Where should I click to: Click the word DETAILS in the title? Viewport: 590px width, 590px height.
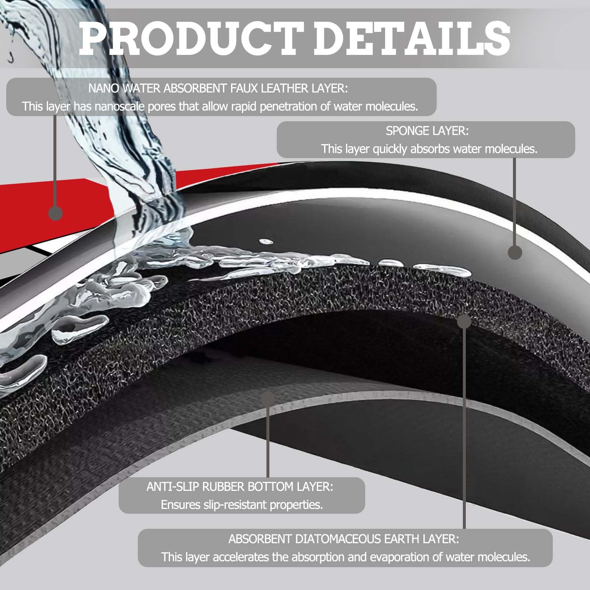point(412,38)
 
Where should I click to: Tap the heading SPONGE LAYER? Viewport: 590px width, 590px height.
point(427,131)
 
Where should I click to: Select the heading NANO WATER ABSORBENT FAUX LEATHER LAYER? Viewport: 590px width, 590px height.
point(218,88)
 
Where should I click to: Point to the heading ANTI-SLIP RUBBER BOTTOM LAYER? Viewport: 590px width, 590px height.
point(240,486)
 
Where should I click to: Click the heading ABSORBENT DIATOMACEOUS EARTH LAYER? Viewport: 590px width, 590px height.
point(344,539)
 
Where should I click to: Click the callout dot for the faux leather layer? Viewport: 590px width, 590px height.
point(55,213)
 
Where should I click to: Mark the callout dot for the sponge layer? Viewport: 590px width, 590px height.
point(515,252)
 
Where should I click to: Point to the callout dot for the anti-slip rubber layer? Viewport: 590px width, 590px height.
point(268,399)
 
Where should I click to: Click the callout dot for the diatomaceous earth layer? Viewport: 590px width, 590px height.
point(464,321)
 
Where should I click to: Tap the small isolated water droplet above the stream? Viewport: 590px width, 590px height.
point(266,242)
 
